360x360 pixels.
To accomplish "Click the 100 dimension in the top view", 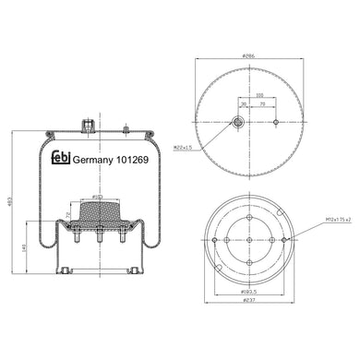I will click(259, 93).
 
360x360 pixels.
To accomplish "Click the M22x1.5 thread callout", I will click(182, 145).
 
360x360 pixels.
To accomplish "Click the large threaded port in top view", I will click(237, 123).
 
